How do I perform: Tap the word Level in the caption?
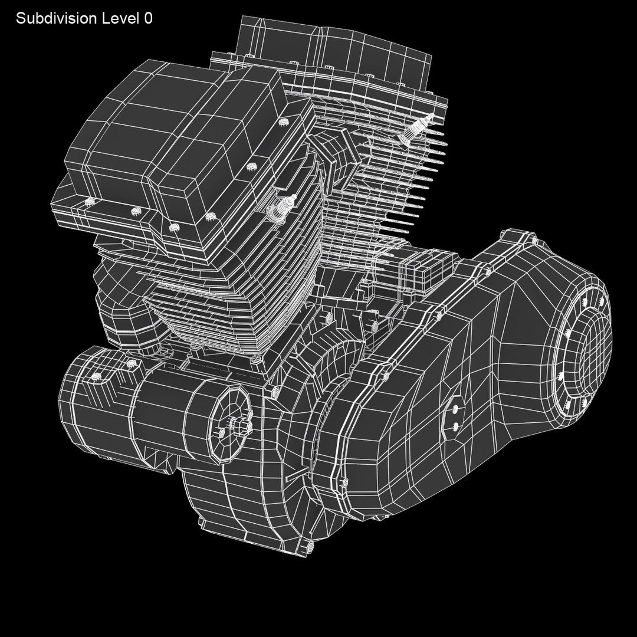click(x=119, y=18)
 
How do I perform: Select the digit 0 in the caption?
click(x=147, y=18)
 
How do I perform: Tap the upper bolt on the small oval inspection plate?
click(x=456, y=407)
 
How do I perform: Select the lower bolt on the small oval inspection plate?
click(x=456, y=424)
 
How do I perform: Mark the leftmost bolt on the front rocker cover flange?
click(x=90, y=202)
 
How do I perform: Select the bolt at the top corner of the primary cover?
click(x=534, y=239)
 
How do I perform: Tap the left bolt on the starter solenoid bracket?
click(x=94, y=376)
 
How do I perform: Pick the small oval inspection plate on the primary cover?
click(x=456, y=416)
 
